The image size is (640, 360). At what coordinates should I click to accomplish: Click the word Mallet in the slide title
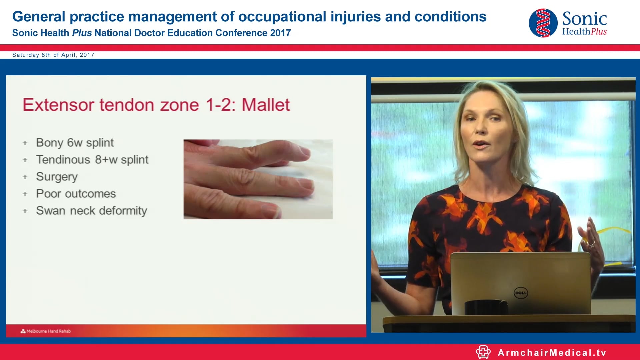[x=266, y=105]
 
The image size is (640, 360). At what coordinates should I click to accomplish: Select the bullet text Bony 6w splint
[x=75, y=143]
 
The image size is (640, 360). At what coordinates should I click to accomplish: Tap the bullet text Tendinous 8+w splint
[x=92, y=160]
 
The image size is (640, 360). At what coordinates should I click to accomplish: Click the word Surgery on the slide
[x=57, y=177]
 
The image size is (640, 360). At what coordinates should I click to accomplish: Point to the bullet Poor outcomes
[x=76, y=194]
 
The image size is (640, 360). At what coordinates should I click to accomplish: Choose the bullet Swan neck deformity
[x=91, y=211]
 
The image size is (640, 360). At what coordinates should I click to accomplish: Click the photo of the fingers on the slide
[x=258, y=179]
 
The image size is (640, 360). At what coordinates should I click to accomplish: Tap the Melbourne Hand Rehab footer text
[x=48, y=331]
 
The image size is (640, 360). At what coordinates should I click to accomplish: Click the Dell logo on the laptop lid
[x=521, y=293]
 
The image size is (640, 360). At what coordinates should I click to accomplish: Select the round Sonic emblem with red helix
[x=543, y=23]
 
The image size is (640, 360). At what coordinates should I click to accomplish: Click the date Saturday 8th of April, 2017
[x=53, y=55]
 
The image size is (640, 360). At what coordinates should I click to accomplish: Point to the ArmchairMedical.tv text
[x=552, y=353]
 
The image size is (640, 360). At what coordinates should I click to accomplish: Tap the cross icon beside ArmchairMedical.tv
[x=483, y=352]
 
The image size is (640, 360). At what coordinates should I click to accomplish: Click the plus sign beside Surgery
[x=25, y=177]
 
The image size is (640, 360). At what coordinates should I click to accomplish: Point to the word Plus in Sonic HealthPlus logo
[x=599, y=32]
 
